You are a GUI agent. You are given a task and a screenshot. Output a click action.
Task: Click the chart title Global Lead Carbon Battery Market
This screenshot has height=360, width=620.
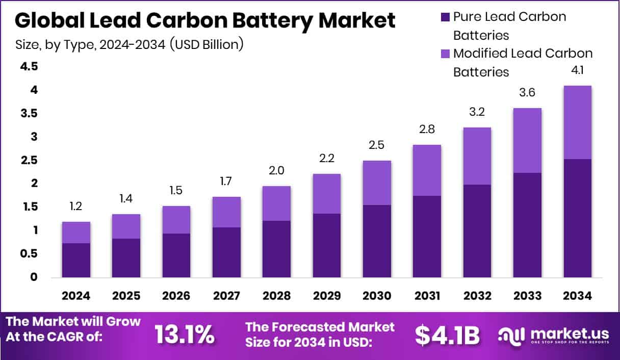click(x=205, y=21)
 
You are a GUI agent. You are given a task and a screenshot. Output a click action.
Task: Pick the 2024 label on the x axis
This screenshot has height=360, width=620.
click(x=76, y=296)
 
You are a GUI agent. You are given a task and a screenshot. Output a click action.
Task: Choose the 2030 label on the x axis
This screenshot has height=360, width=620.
click(x=377, y=296)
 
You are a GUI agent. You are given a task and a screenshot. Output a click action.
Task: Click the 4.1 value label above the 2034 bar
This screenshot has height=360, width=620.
click(x=577, y=71)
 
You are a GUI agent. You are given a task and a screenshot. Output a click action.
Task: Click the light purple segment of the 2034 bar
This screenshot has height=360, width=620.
click(x=577, y=122)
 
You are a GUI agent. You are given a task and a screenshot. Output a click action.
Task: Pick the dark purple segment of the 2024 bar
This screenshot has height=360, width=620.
click(x=76, y=260)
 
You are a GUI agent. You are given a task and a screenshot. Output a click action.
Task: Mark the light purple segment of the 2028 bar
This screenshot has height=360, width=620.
click(x=276, y=203)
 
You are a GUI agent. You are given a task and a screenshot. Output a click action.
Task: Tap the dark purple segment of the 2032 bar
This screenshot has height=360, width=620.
click(x=477, y=231)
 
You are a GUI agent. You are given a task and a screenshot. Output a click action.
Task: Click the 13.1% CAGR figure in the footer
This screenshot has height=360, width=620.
click(x=184, y=335)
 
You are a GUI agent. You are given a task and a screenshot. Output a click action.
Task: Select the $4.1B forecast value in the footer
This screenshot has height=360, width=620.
click(x=447, y=335)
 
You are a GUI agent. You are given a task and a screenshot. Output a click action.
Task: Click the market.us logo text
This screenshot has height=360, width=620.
click(x=569, y=333)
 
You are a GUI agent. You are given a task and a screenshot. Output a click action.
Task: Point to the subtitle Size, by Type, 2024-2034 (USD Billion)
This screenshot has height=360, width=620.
click(x=130, y=44)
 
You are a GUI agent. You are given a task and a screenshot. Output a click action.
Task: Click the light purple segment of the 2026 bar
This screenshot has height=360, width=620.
click(x=176, y=219)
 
